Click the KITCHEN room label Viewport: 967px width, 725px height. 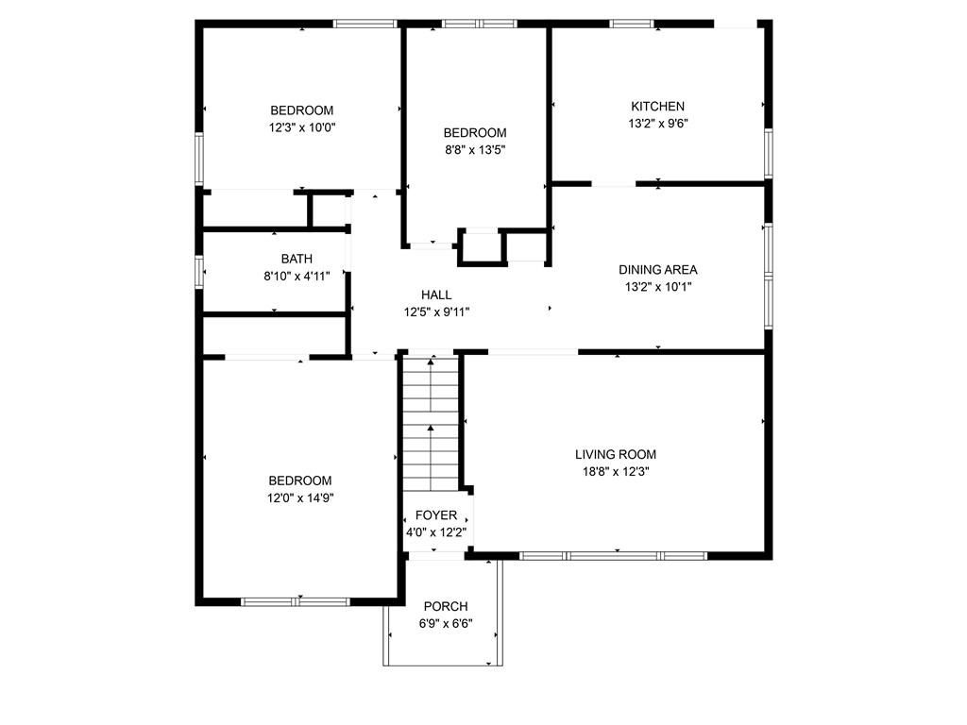657,107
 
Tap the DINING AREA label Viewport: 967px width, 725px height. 657,270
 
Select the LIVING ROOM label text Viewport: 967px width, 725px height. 616,454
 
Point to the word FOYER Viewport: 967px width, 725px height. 436,515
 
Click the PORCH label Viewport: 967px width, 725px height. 446,606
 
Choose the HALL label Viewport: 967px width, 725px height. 436,295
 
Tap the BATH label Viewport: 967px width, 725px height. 297,259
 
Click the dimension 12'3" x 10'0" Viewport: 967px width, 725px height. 302,126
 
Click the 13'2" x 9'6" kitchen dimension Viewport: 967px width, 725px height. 657,123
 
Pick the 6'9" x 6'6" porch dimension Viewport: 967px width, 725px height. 446,623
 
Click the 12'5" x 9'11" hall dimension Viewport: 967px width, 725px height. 436,312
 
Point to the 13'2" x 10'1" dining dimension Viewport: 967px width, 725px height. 657,286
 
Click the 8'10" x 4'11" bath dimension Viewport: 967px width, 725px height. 297,276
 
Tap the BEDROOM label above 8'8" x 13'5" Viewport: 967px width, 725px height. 475,133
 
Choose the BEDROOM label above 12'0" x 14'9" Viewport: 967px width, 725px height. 300,481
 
